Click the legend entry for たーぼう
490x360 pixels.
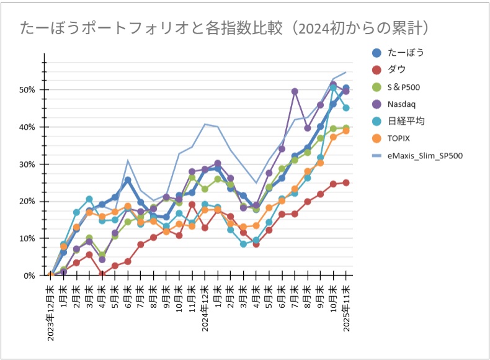click(406, 52)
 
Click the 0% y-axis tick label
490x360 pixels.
click(29, 276)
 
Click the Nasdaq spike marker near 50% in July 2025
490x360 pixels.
click(295, 92)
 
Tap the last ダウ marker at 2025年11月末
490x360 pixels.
click(345, 182)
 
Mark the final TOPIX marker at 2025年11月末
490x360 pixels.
click(345, 131)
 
